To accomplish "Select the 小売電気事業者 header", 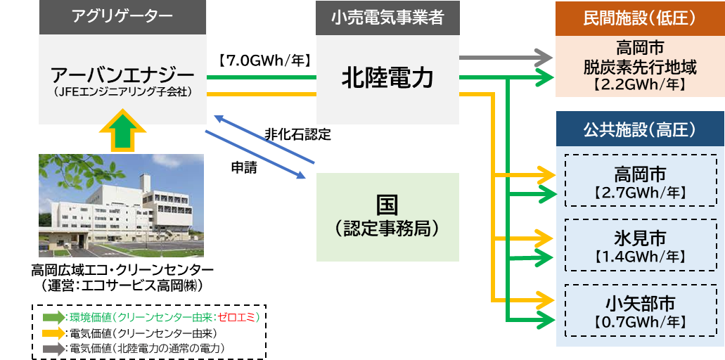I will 387,18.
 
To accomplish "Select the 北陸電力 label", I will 387,77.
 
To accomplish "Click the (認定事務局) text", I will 387,228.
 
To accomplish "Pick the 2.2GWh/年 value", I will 639,85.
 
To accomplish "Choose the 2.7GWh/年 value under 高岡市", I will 639,192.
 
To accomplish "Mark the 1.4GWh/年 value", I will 639,256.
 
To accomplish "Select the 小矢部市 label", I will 639,303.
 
